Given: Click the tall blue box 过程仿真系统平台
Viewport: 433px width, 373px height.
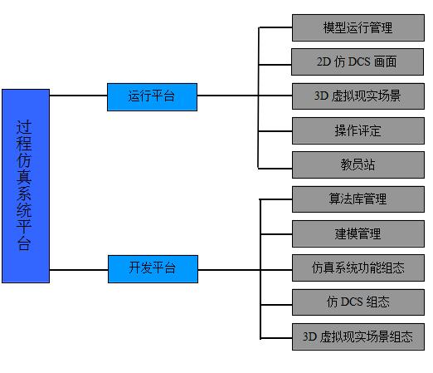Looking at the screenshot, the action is tap(26, 186).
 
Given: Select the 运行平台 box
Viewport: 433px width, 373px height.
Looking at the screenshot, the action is tap(152, 97).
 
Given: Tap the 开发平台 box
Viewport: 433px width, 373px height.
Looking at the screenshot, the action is tap(153, 269).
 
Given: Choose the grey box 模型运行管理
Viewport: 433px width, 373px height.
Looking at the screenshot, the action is tap(358, 27).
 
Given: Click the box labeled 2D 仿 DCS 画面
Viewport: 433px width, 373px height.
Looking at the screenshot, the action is tap(358, 61).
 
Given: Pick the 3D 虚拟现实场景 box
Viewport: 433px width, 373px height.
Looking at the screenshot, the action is tap(358, 96).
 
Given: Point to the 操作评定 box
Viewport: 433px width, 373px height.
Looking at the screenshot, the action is tap(358, 130).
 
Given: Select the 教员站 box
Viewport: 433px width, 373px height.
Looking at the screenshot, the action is tap(358, 164).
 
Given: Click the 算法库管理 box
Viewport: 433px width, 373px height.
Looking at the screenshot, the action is tap(358, 199).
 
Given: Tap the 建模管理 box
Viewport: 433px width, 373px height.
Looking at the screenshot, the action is tap(358, 233).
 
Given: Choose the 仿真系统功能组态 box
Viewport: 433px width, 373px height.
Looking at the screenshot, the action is tap(358, 268).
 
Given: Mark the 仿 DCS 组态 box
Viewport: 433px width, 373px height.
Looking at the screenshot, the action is tap(358, 302).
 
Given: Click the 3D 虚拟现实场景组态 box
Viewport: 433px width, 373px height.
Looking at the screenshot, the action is tap(358, 336).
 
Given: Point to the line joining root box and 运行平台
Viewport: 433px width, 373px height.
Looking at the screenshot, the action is tap(79, 96).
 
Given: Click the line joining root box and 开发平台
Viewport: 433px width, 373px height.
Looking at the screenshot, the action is tap(79, 269).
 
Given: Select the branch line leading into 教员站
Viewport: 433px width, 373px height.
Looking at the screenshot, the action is tap(275, 168).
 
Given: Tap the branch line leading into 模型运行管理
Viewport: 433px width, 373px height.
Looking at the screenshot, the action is tap(275, 27).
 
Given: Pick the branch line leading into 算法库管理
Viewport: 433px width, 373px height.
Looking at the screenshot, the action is tap(276, 199).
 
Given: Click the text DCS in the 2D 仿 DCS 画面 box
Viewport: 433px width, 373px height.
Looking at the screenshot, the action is tap(359, 61).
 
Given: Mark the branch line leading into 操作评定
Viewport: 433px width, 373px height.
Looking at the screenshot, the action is tap(275, 131).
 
